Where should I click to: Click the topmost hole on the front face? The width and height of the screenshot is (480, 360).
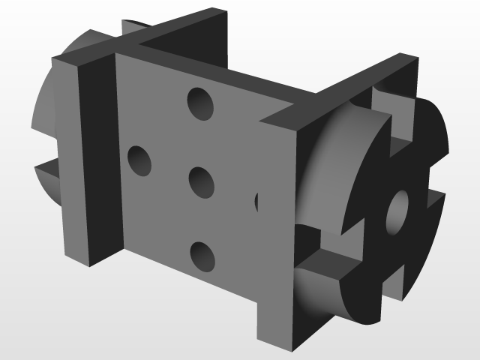pyautogui.click(x=199, y=103)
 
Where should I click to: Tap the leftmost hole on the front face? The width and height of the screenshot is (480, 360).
pyautogui.click(x=139, y=160)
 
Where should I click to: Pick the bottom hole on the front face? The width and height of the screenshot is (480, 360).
pyautogui.click(x=202, y=256)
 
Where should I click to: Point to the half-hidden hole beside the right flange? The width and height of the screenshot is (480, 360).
pyautogui.click(x=257, y=201)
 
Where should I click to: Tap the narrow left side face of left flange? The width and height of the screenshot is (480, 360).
pyautogui.click(x=64, y=157)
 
